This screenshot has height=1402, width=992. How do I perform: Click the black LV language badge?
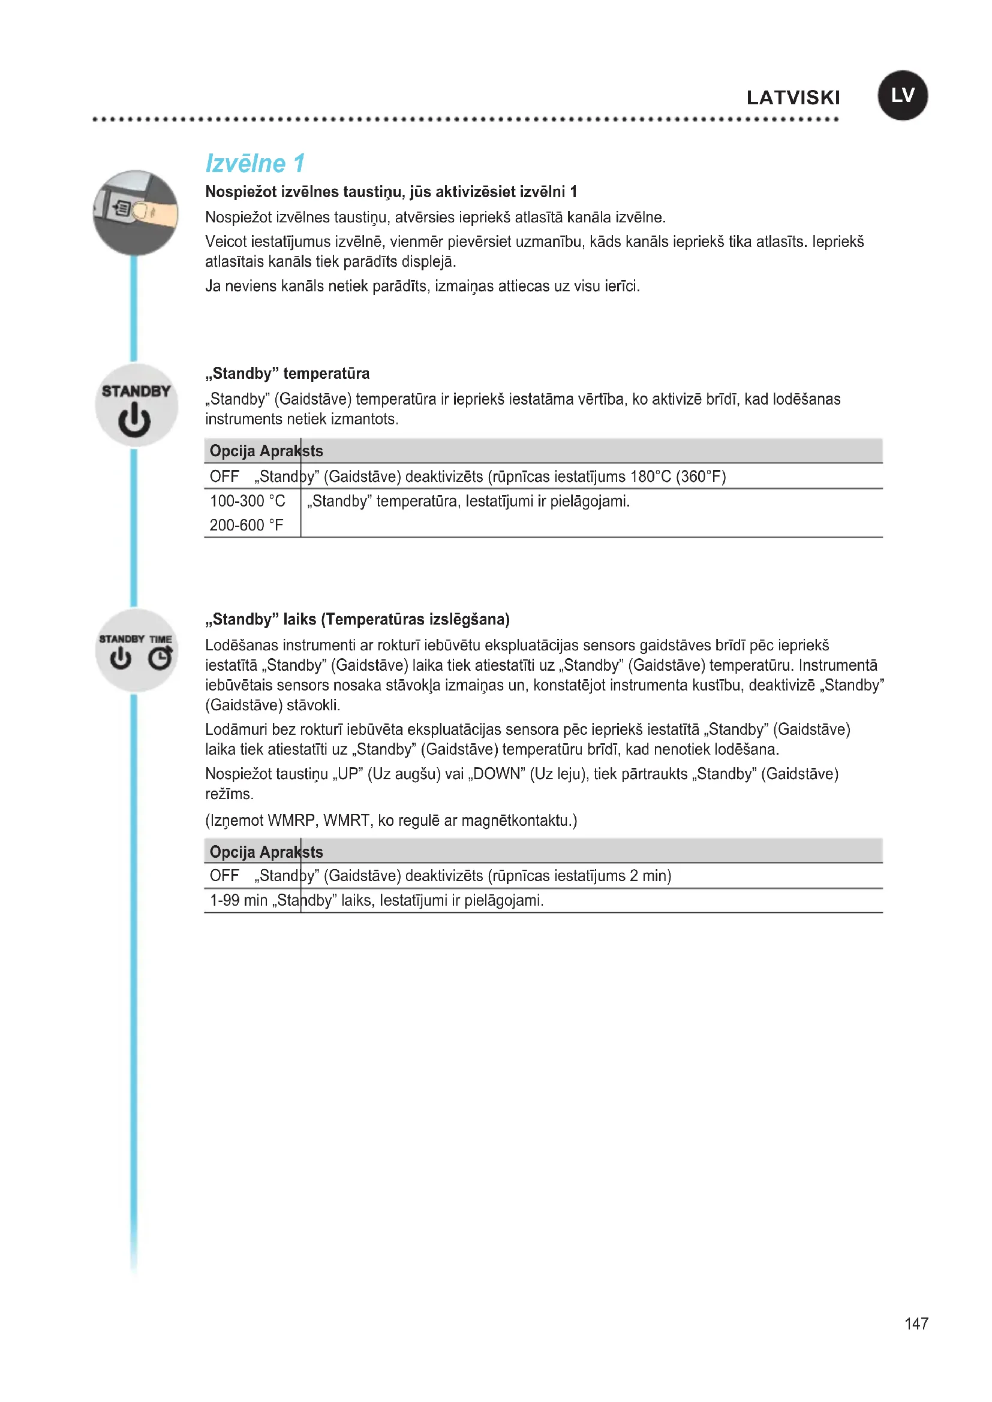coord(902,95)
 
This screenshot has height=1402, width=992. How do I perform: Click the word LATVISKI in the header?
coord(793,98)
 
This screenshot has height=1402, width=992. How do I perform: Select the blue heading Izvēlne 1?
coord(255,163)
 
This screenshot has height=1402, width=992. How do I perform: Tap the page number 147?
coord(916,1323)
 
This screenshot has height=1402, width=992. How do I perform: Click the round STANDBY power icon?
coord(136,405)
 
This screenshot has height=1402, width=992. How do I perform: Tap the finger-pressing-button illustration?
coord(136,213)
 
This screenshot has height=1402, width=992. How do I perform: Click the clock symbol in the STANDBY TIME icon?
coord(160,658)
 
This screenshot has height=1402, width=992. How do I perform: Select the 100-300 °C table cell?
coord(247,501)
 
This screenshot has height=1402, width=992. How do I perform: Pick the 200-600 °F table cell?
coord(246,525)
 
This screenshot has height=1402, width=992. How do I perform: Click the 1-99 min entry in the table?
coord(238,901)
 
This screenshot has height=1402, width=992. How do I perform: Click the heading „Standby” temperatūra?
coord(287,373)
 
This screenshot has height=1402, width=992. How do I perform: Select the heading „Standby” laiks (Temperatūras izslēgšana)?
coord(357,619)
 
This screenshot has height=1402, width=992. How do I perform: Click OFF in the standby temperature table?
coord(224,477)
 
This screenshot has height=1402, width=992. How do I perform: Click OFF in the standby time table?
coord(224,876)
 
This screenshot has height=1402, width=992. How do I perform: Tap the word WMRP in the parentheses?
coord(291,820)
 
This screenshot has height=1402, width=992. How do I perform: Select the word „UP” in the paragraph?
coord(347,774)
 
